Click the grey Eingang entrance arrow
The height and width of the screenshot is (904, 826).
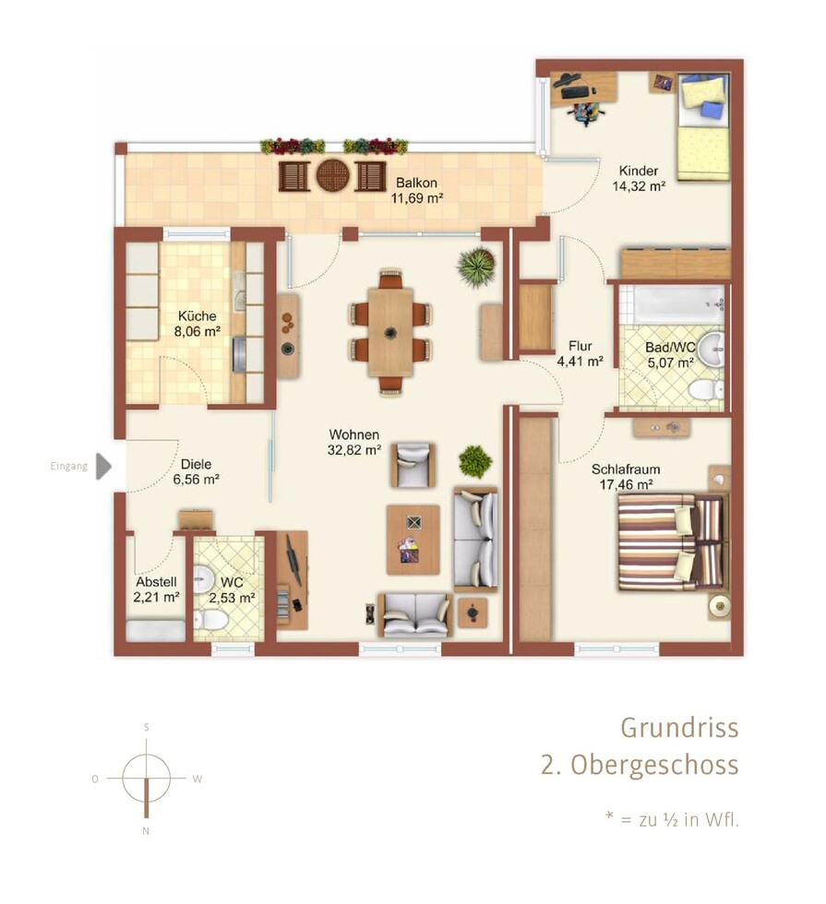pos(103,466)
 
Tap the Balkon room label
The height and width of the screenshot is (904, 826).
pos(416,183)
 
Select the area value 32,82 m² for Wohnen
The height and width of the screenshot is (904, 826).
pos(354,450)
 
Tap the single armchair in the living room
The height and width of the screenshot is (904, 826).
pos(413,465)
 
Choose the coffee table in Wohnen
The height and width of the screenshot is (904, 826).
pos(413,540)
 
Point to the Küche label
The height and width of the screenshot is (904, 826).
pos(198,315)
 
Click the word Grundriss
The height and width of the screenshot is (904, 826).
pos(679,728)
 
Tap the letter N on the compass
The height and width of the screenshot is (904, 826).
pos(146,831)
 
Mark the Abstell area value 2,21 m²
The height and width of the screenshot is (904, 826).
pos(156,598)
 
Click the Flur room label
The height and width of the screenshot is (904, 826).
pos(580,346)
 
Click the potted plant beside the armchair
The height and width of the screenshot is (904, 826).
pos(475,461)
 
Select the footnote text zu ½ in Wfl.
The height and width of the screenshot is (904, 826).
pos(688,819)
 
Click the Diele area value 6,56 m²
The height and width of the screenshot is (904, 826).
pos(196,479)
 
